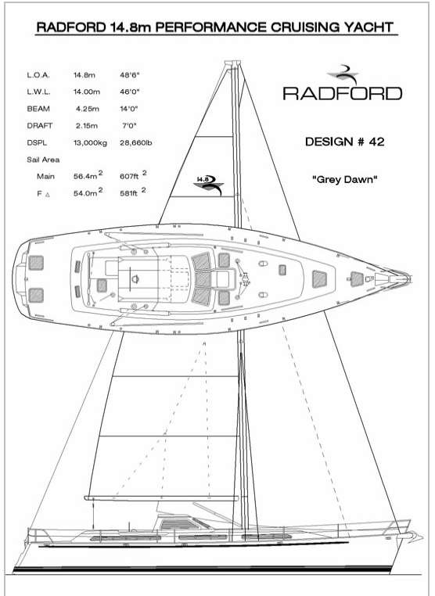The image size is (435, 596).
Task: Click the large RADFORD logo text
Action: (342, 94)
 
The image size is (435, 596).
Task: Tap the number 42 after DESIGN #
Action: (376, 142)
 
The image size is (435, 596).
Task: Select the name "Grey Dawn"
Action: (345, 179)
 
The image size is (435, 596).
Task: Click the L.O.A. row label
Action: (38, 75)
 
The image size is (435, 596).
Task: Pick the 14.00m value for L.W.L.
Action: (87, 92)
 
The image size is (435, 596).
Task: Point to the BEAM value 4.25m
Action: (88, 109)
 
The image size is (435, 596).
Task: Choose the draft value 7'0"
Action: (129, 125)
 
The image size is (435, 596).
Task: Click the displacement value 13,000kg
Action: (90, 143)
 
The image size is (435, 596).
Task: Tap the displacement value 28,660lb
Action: (136, 143)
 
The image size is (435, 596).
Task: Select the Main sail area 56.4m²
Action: (88, 175)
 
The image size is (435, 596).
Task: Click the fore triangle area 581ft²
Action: (133, 192)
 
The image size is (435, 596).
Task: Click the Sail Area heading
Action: (43, 160)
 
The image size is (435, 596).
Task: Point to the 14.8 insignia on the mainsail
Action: (209, 185)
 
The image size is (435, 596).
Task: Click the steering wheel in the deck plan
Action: (135, 278)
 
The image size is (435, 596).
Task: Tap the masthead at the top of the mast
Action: (232, 63)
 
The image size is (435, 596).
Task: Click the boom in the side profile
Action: (161, 498)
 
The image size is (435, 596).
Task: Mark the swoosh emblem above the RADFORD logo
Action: (343, 74)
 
